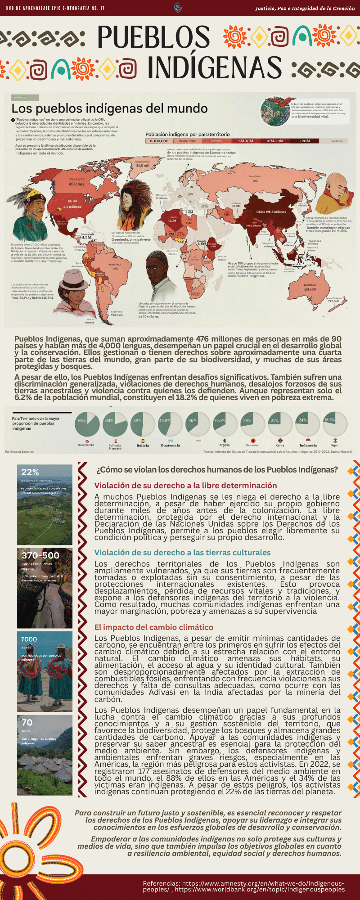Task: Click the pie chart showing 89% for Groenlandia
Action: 87,424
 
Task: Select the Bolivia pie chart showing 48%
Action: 143,424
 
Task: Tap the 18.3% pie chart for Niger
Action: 335,424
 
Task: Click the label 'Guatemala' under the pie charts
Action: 170,445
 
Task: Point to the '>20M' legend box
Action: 306,141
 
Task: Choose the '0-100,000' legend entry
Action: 159,141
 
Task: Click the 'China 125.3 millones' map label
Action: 271,211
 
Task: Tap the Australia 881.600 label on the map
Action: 310,287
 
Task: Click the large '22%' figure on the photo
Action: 30,472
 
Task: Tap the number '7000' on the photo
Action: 29,639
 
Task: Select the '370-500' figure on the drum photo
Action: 40,555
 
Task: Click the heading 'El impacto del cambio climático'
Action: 154,627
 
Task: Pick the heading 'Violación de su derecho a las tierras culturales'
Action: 182,553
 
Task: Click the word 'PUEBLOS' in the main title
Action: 153,37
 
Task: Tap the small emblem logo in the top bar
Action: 178,8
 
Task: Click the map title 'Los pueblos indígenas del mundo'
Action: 109,108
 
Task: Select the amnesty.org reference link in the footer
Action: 243,883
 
